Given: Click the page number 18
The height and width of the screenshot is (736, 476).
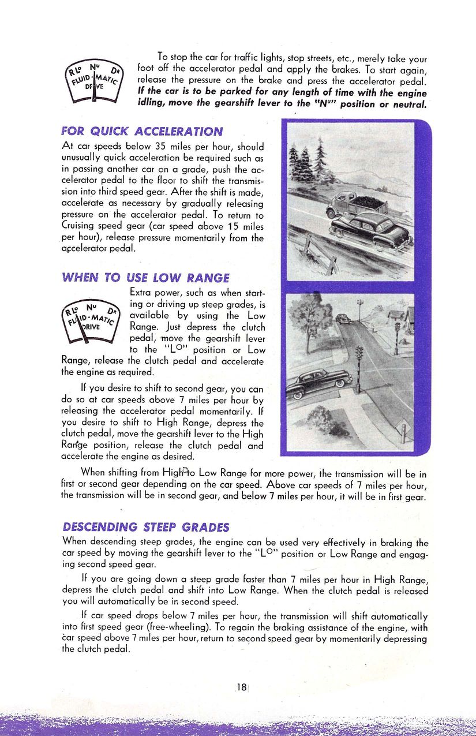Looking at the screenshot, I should coord(241,687).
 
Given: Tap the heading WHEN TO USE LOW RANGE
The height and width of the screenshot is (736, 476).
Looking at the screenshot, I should coord(145,278).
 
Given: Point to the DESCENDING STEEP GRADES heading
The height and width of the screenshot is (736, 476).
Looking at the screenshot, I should coord(145,527).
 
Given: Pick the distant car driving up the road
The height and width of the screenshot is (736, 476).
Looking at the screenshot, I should coord(343,318).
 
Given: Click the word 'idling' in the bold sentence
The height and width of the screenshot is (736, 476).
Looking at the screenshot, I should coord(155,104).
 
